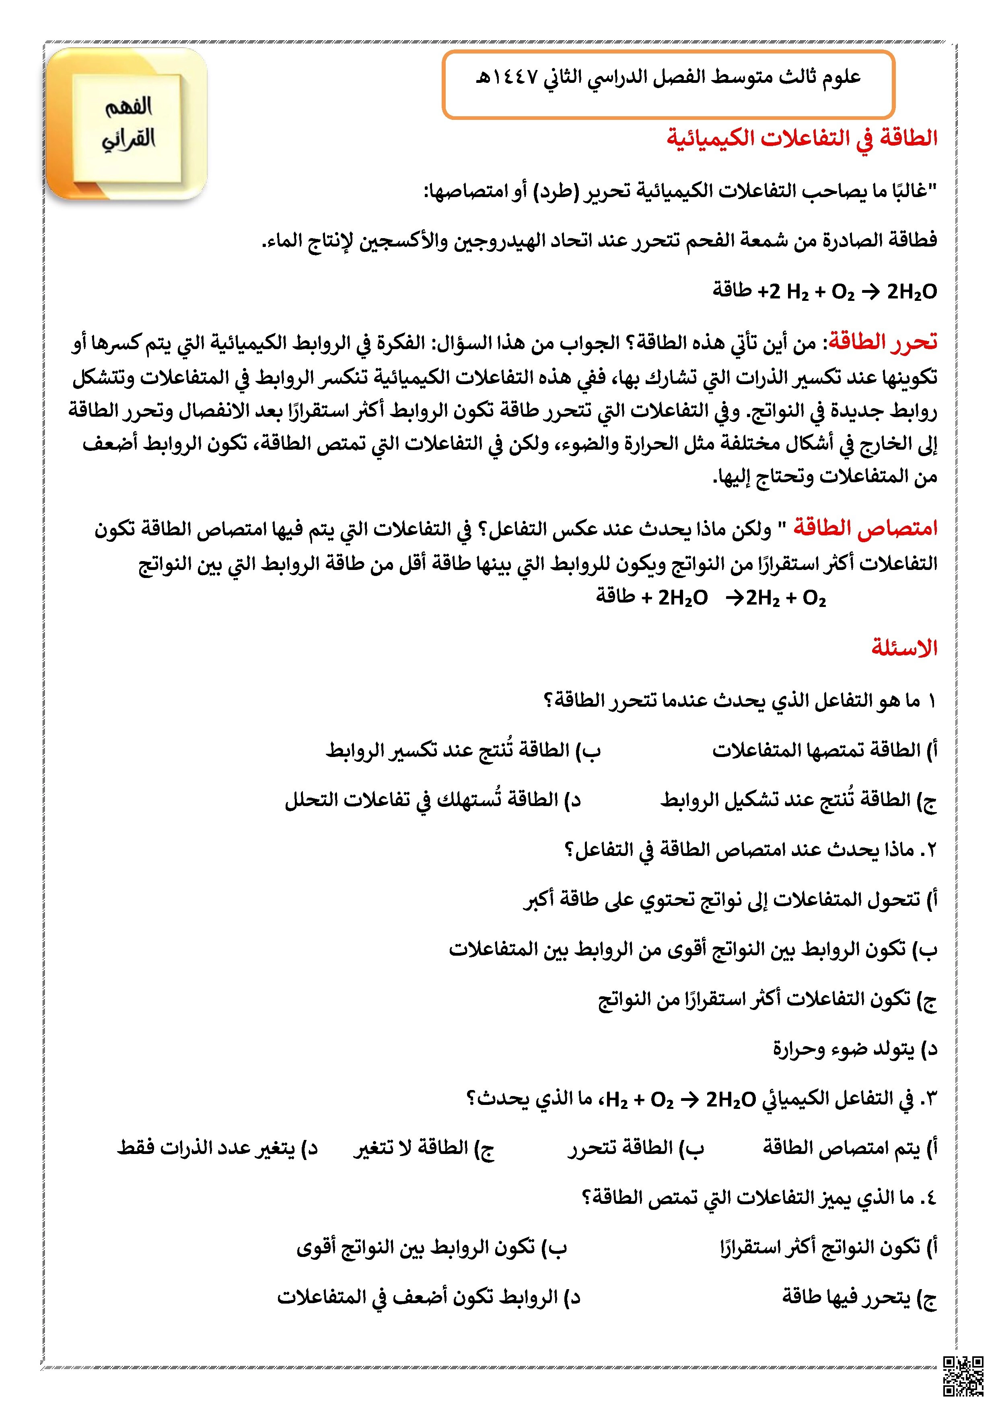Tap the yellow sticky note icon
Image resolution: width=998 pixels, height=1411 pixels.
pyautogui.click(x=127, y=124)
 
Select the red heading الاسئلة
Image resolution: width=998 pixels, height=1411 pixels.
pyautogui.click(x=904, y=648)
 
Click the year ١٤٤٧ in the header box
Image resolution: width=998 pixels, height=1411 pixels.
pyautogui.click(x=516, y=78)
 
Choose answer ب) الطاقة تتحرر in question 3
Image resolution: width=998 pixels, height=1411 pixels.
pyautogui.click(x=636, y=1148)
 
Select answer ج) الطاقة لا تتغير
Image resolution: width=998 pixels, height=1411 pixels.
pyautogui.click(x=424, y=1148)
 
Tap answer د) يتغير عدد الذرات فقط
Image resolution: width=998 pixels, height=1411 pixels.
pyautogui.click(x=218, y=1148)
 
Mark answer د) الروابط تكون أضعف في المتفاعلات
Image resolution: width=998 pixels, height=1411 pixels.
pyautogui.click(x=428, y=1297)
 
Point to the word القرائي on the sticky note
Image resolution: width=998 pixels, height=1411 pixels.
pyautogui.click(x=128, y=139)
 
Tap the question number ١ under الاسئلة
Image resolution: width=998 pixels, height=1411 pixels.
pyautogui.click(x=930, y=701)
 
